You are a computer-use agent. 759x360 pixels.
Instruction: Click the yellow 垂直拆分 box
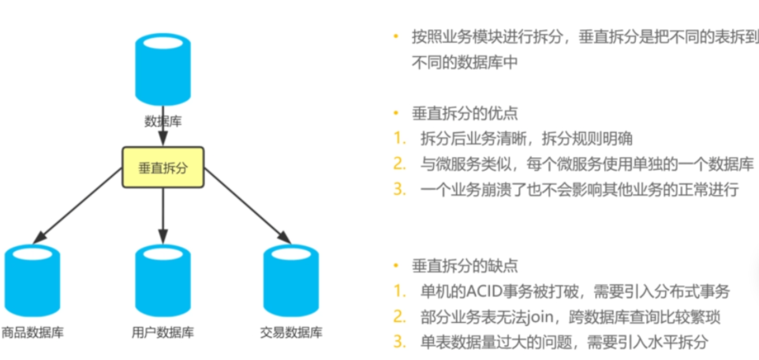(163, 167)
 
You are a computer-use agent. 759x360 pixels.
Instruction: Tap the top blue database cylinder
(163, 70)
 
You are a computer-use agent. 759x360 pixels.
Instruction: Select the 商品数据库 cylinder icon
(32, 279)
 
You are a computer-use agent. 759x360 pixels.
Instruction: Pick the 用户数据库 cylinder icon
(163, 279)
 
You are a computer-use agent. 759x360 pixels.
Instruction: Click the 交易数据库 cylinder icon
(290, 279)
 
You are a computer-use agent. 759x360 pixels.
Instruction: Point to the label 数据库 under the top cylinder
(163, 122)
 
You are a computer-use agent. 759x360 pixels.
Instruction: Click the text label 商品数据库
(32, 332)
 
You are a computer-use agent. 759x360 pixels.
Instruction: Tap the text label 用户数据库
(163, 332)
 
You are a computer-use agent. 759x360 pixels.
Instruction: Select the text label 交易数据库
(290, 332)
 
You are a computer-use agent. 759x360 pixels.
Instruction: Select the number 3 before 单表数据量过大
(400, 343)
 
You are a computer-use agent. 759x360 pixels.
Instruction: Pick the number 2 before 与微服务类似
(400, 164)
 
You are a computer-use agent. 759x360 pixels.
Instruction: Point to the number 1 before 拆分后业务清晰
(400, 139)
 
